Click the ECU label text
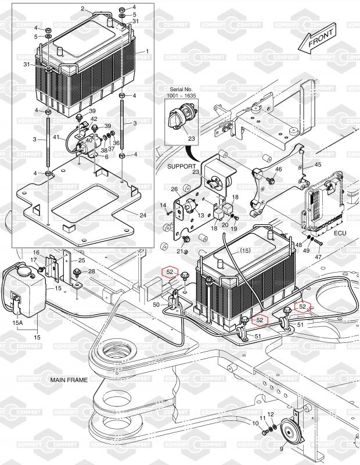tap(340, 232)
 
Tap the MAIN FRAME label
tap(69, 380)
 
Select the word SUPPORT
tap(182, 166)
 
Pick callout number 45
tap(318, 164)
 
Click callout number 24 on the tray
tap(143, 215)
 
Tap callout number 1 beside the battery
tap(147, 51)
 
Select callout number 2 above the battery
tap(83, 9)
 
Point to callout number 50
tap(156, 305)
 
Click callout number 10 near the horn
tap(255, 423)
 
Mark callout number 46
tap(279, 169)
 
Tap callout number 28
tap(91, 271)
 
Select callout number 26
tap(174, 189)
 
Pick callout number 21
tap(179, 251)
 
